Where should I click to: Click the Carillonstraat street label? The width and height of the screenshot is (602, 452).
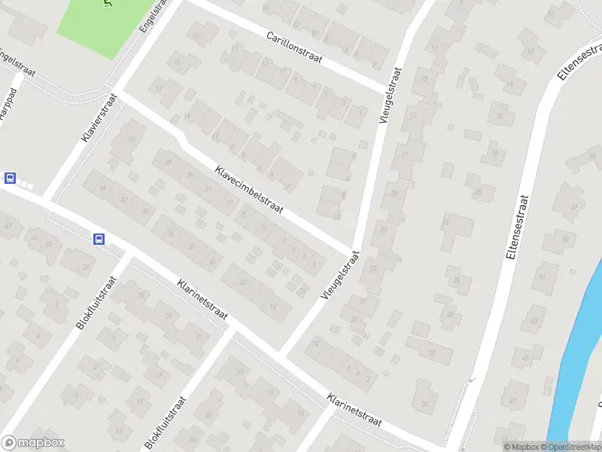294,47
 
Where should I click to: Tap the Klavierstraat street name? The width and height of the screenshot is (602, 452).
99,118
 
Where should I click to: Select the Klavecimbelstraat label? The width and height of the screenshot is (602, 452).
248,190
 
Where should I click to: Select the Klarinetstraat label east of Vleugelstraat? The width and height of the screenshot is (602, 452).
355,411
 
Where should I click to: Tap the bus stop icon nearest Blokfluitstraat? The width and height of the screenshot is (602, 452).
99,239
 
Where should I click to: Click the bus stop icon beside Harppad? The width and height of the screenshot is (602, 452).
11,179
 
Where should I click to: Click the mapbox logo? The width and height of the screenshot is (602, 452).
33,443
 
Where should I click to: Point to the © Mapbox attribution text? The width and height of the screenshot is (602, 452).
521,447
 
